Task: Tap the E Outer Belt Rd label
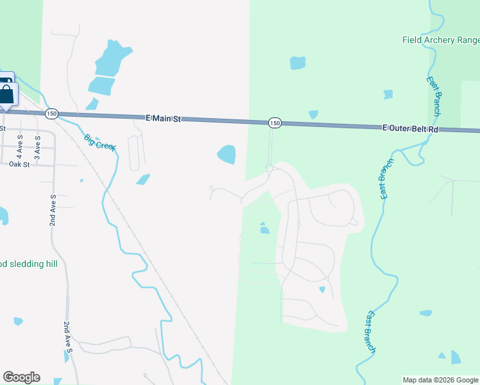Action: tap(409, 129)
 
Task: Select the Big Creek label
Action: tap(100, 141)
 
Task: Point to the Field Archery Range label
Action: tap(440, 40)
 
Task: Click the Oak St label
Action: tap(19, 164)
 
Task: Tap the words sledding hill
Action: tap(31, 264)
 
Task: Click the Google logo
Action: tap(21, 377)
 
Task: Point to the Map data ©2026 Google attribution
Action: tap(440, 380)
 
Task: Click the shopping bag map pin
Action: tap(7, 94)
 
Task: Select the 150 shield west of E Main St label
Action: tap(52, 114)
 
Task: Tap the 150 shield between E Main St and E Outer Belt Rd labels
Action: tap(275, 123)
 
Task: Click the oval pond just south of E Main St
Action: tap(227, 154)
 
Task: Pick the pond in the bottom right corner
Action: tap(456, 357)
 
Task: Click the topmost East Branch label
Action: tap(434, 96)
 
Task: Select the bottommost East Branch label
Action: tap(370, 331)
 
